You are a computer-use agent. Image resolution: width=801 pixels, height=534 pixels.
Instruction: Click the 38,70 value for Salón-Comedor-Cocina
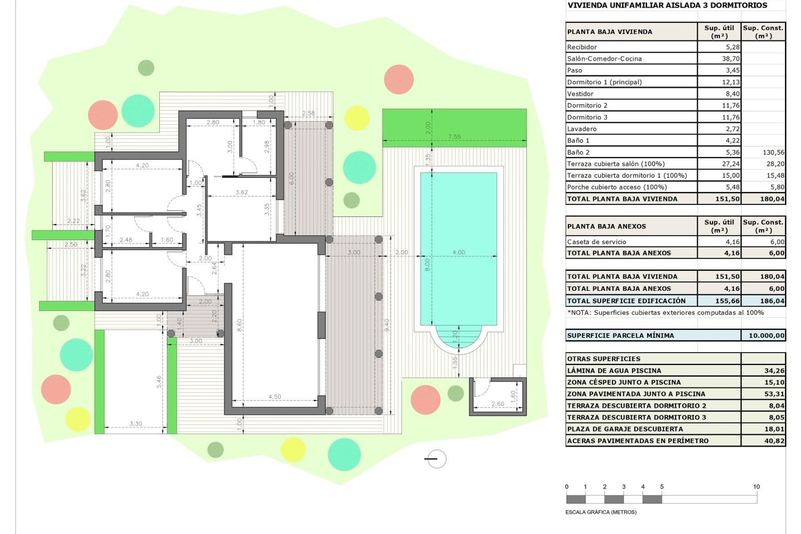[730, 59]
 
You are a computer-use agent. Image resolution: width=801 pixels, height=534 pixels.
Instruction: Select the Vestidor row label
[580, 94]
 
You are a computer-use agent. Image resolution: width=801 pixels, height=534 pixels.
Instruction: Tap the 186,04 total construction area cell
[772, 301]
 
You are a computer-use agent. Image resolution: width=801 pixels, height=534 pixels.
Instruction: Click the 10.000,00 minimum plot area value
[766, 335]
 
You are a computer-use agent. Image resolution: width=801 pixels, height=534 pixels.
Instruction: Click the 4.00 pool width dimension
[458, 252]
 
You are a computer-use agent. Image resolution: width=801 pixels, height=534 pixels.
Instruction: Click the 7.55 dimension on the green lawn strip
[454, 137]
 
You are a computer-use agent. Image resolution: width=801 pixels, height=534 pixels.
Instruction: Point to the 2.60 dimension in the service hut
[497, 404]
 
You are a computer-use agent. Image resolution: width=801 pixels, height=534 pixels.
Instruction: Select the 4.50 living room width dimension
[275, 397]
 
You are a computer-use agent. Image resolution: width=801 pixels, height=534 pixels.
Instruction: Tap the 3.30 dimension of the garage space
[136, 424]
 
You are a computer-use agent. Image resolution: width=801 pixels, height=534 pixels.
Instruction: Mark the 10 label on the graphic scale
[756, 487]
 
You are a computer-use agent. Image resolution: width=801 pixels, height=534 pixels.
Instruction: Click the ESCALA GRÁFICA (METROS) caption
[601, 512]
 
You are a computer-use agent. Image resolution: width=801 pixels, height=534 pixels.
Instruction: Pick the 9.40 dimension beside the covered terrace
[386, 325]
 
